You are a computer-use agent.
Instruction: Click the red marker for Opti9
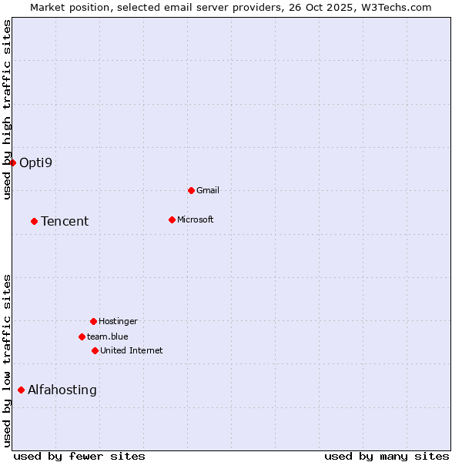13,162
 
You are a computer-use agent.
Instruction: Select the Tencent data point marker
34,221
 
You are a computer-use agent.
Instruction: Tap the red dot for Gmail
191,190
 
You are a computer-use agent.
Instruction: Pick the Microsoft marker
172,219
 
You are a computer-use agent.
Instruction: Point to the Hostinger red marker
93,321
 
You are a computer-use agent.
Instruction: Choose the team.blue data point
82,336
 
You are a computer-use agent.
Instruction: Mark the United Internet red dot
95,350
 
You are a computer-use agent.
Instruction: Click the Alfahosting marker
21,390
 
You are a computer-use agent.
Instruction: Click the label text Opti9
35,162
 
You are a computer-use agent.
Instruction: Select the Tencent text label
65,221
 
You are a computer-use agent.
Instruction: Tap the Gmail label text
208,190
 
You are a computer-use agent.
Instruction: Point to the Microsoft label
196,219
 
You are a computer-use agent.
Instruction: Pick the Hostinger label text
118,321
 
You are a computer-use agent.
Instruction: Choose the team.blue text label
108,336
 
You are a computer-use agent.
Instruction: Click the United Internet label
132,350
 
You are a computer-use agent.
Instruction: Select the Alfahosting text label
62,390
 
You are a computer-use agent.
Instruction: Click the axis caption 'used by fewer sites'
79,456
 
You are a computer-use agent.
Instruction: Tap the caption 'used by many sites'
387,456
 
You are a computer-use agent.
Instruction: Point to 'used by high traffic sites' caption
7,109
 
